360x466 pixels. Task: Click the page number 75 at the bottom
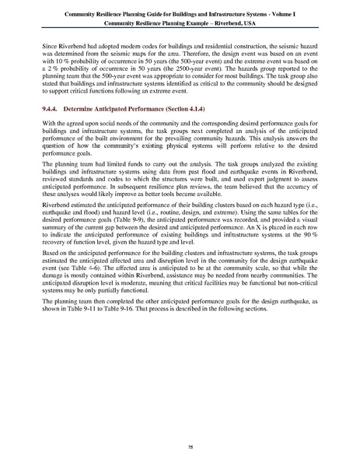pos(180,447)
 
